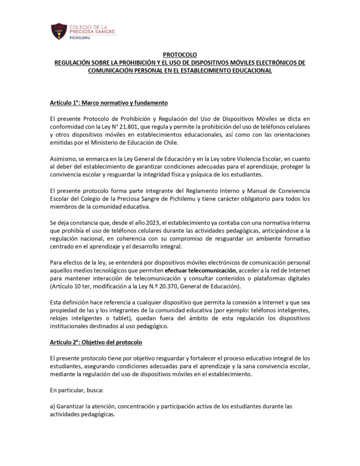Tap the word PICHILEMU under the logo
[x=80, y=39]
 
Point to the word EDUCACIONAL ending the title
[x=248, y=71]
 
